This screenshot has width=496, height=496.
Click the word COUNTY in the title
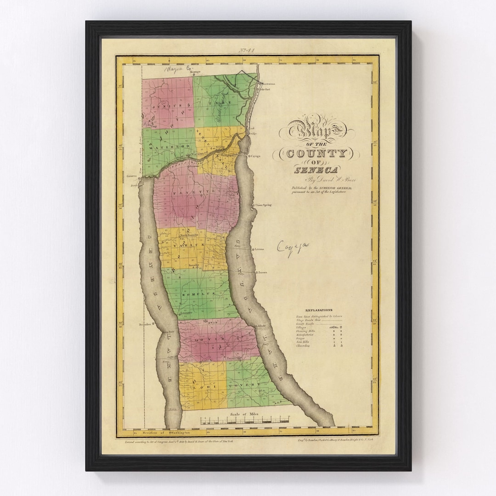[317, 153]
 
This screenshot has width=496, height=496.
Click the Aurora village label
[262, 272]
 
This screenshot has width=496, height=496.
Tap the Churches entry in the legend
[304, 346]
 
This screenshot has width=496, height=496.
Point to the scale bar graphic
[245, 420]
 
